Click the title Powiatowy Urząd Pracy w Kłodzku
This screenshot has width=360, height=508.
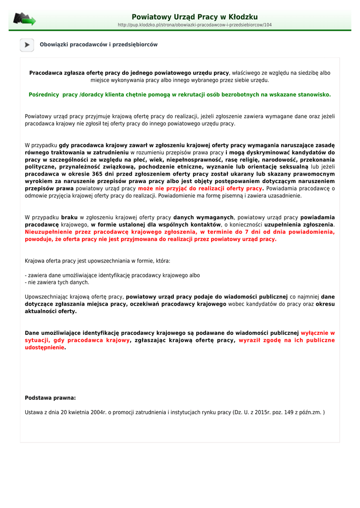coord(195,17)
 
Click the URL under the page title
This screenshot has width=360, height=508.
coord(195,25)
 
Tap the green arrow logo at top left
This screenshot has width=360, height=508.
coord(24,19)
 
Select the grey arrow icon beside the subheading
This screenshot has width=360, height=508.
coord(27,45)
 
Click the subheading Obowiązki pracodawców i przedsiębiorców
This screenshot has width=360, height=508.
coord(98,45)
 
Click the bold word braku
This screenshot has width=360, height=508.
coord(70,217)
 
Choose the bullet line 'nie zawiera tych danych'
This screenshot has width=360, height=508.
coord(58,282)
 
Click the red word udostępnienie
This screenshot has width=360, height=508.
coord(45,348)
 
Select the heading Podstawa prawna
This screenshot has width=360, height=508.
coord(50,398)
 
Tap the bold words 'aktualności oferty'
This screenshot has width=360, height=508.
coord(51,311)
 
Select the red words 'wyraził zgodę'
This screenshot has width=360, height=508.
coord(258,340)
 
